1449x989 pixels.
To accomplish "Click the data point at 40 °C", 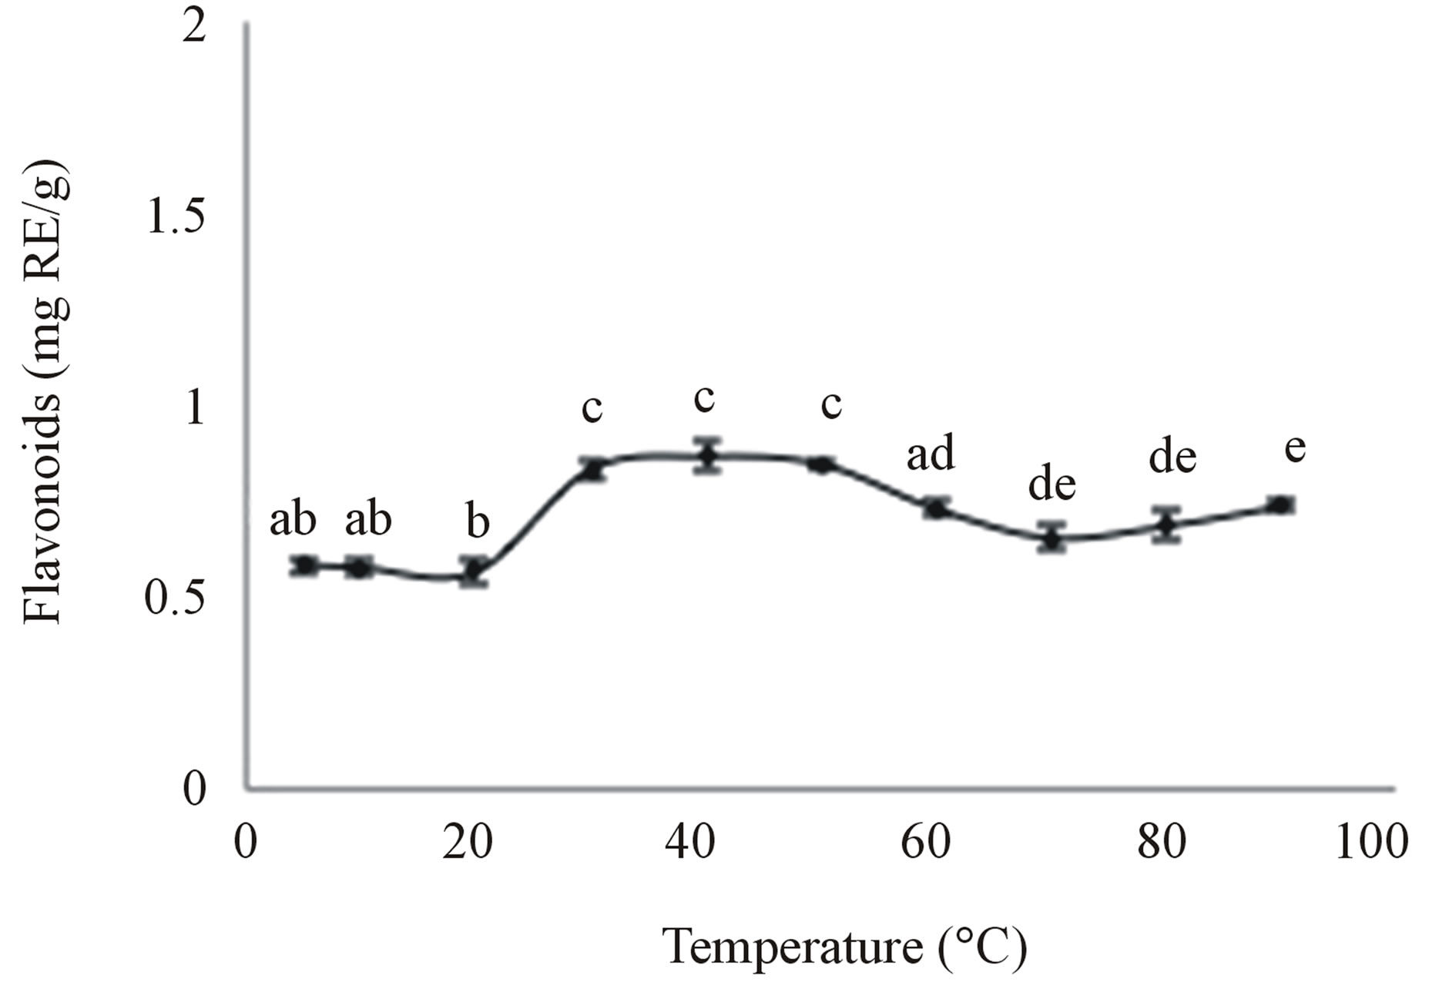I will click(x=706, y=454).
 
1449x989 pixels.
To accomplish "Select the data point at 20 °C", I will click(x=474, y=571).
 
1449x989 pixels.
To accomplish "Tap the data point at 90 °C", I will click(x=1280, y=505).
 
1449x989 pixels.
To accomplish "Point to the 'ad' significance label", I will click(x=930, y=452).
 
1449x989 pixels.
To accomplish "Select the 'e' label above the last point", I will click(x=1295, y=447).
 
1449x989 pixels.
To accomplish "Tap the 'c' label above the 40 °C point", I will click(x=704, y=398).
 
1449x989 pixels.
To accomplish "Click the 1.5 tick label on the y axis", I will click(x=176, y=218).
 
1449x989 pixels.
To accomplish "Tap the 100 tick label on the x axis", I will click(x=1371, y=842).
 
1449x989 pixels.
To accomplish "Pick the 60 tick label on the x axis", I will click(x=926, y=842).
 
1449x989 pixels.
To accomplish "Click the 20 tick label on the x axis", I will click(x=468, y=842).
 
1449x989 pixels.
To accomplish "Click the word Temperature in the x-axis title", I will click(x=793, y=946).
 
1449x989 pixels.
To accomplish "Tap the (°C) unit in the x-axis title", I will click(x=983, y=946).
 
